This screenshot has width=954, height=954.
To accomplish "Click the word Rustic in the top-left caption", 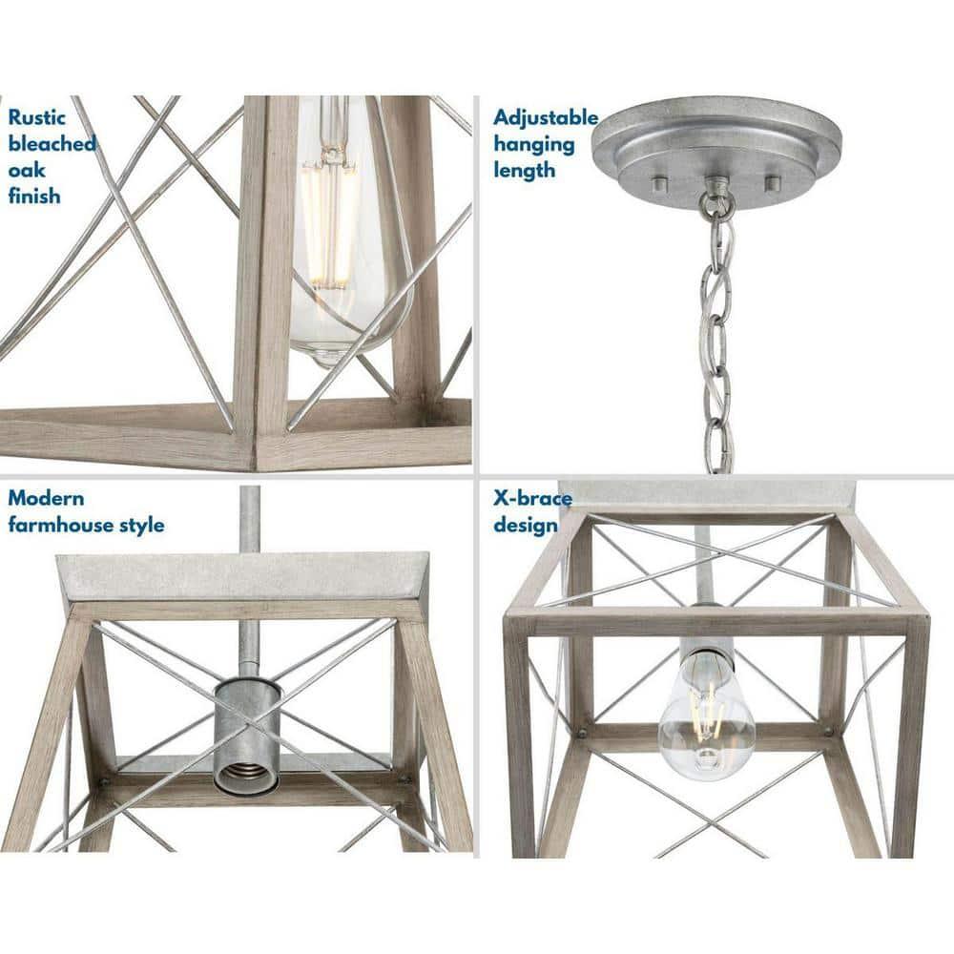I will click(x=37, y=118).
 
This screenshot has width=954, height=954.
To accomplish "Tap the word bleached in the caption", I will click(x=52, y=144).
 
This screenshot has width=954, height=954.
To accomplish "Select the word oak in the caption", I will click(x=27, y=170).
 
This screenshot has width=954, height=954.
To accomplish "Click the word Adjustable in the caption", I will click(x=546, y=118).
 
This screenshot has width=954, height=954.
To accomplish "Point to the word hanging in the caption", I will click(x=533, y=145).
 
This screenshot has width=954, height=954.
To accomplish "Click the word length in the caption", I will click(x=524, y=171).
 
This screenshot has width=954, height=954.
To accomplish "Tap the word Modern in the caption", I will click(x=46, y=498).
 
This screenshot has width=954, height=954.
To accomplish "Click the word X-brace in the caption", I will click(x=532, y=499).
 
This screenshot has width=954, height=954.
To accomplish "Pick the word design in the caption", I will click(x=525, y=526).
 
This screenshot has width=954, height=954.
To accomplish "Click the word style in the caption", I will click(x=140, y=525).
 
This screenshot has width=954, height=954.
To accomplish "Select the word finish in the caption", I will click(x=34, y=197).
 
